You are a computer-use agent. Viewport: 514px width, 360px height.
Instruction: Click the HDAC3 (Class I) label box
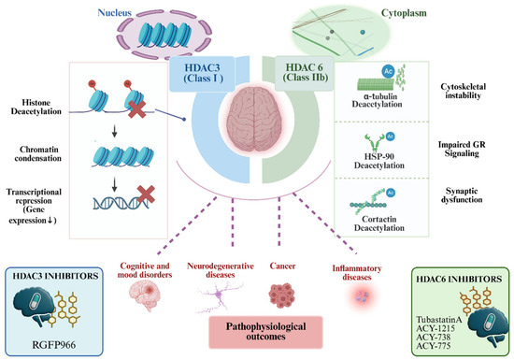202,74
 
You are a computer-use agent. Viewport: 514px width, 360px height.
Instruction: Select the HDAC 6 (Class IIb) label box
305,73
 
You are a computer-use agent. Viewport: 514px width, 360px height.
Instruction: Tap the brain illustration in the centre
254,120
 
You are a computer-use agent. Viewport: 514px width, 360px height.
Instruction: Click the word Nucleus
114,13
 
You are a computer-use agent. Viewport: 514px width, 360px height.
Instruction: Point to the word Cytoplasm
404,13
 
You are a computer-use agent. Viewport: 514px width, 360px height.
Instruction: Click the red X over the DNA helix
146,194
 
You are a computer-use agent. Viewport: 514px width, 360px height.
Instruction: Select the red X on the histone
136,109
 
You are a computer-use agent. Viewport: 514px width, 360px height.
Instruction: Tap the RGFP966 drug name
54,345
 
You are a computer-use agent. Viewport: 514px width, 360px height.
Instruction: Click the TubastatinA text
439,320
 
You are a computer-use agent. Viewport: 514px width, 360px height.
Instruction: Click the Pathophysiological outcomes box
265,332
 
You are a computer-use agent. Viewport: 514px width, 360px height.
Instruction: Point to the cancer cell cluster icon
282,295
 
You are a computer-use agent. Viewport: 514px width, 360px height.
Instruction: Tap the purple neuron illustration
219,297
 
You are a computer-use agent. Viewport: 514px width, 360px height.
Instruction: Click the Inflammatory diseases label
357,273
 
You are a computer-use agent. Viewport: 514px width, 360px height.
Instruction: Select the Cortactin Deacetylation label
378,223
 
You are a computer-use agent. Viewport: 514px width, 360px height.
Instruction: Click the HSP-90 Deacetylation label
378,161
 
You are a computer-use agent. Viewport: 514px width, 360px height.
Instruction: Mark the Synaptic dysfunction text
462,195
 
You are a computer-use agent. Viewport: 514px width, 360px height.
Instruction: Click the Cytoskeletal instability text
463,91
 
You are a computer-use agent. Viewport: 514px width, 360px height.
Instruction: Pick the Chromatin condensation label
38,153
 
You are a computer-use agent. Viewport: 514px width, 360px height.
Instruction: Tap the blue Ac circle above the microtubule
389,71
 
